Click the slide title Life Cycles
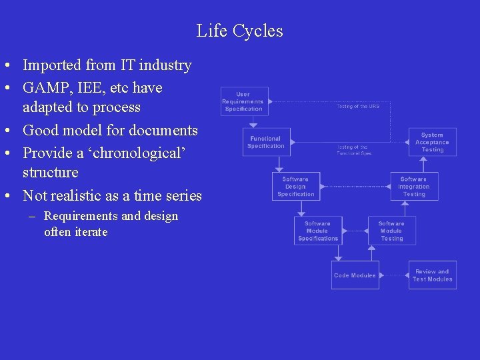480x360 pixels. (239, 31)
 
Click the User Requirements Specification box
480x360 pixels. (244, 101)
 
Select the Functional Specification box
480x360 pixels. (266, 142)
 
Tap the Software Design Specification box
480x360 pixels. (296, 187)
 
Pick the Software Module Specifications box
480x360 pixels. (318, 231)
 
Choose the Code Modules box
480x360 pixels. (355, 275)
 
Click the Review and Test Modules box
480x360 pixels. (433, 275)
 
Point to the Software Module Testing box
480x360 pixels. (391, 231)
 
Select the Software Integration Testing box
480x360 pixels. (414, 187)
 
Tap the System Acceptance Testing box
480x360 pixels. (433, 142)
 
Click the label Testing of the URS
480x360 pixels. (358, 106)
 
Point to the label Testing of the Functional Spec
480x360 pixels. (353, 150)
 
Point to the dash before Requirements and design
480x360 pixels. (33, 216)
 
